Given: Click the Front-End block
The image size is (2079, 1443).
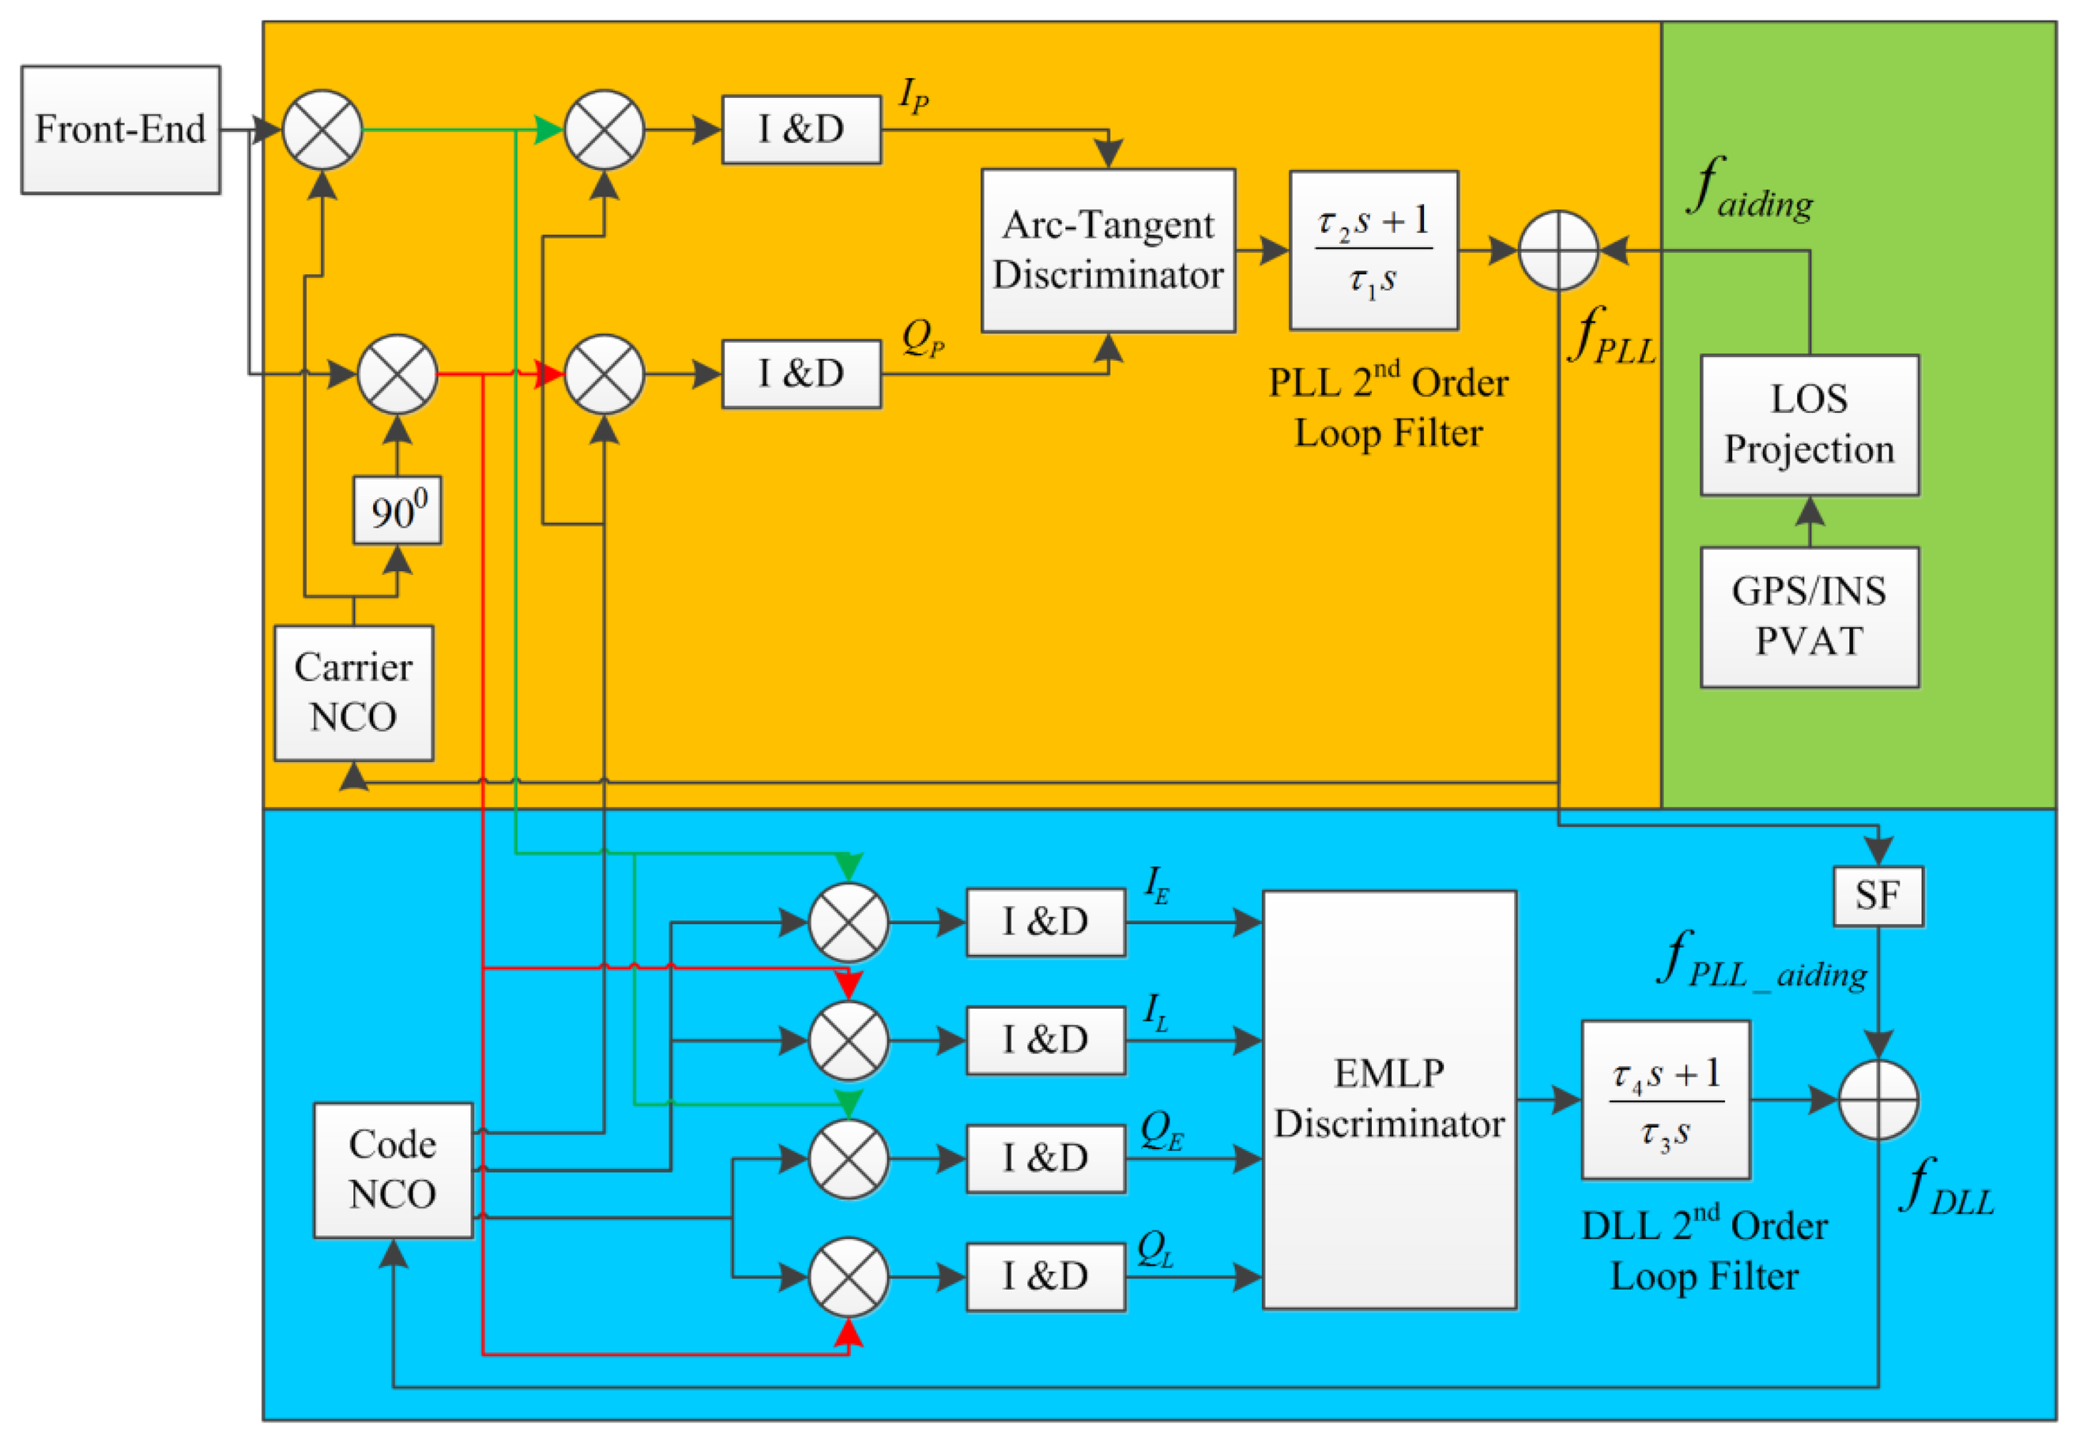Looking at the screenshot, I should pyautogui.click(x=120, y=130).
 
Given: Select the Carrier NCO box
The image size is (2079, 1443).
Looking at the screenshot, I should pyautogui.click(x=353, y=693).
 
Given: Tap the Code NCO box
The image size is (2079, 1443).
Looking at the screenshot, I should pyautogui.click(x=393, y=1169).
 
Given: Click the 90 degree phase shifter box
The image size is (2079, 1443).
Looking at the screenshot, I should pyautogui.click(x=397, y=511).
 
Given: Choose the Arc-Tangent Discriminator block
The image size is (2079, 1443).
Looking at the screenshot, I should pyautogui.click(x=1108, y=250).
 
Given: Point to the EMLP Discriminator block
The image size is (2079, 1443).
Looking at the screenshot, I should pyautogui.click(x=1389, y=1099).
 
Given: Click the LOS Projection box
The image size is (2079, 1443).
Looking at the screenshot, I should pyautogui.click(x=1809, y=425).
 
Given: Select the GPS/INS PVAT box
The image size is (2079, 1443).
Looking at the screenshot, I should pyautogui.click(x=1809, y=617).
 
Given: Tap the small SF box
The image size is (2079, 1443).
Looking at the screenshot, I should pyautogui.click(x=1878, y=896).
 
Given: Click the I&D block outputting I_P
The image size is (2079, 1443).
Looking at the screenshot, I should pyautogui.click(x=801, y=130).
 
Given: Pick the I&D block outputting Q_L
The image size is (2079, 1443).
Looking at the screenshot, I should pyautogui.click(x=1045, y=1276).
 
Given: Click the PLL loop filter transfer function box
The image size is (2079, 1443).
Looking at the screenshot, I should pyautogui.click(x=1373, y=250).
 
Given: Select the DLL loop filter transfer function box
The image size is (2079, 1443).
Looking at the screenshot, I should pyautogui.click(x=1665, y=1099).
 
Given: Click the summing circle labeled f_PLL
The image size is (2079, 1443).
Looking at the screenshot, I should pyautogui.click(x=1558, y=250).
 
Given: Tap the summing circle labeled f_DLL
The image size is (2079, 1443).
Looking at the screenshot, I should pyautogui.click(x=1878, y=1099).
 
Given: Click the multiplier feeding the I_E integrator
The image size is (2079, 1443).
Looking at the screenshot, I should pyautogui.click(x=848, y=923).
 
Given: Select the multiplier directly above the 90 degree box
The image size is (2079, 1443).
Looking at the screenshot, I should pyautogui.click(x=397, y=374).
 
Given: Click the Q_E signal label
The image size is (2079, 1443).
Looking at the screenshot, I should pyautogui.click(x=1161, y=1130).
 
